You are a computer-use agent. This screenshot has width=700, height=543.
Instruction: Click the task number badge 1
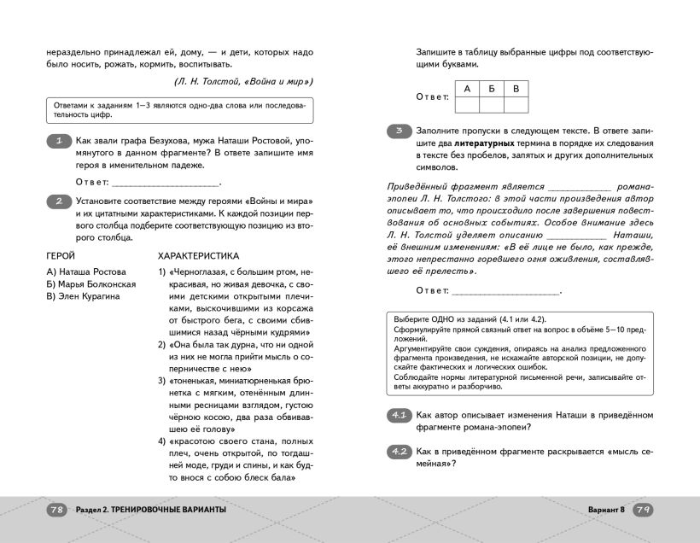click(x=57, y=141)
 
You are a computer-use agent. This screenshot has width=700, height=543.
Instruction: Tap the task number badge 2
click(x=57, y=201)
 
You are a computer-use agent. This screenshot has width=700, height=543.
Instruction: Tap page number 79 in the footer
click(x=644, y=510)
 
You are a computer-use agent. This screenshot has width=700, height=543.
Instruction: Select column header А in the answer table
click(x=467, y=88)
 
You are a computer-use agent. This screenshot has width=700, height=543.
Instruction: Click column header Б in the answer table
click(x=491, y=88)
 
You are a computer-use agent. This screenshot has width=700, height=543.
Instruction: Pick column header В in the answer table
click(x=516, y=88)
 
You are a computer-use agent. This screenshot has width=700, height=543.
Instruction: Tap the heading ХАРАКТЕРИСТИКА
click(x=199, y=255)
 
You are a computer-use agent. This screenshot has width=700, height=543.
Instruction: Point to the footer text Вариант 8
click(x=607, y=510)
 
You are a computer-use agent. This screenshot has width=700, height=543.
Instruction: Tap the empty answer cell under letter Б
click(x=491, y=104)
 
